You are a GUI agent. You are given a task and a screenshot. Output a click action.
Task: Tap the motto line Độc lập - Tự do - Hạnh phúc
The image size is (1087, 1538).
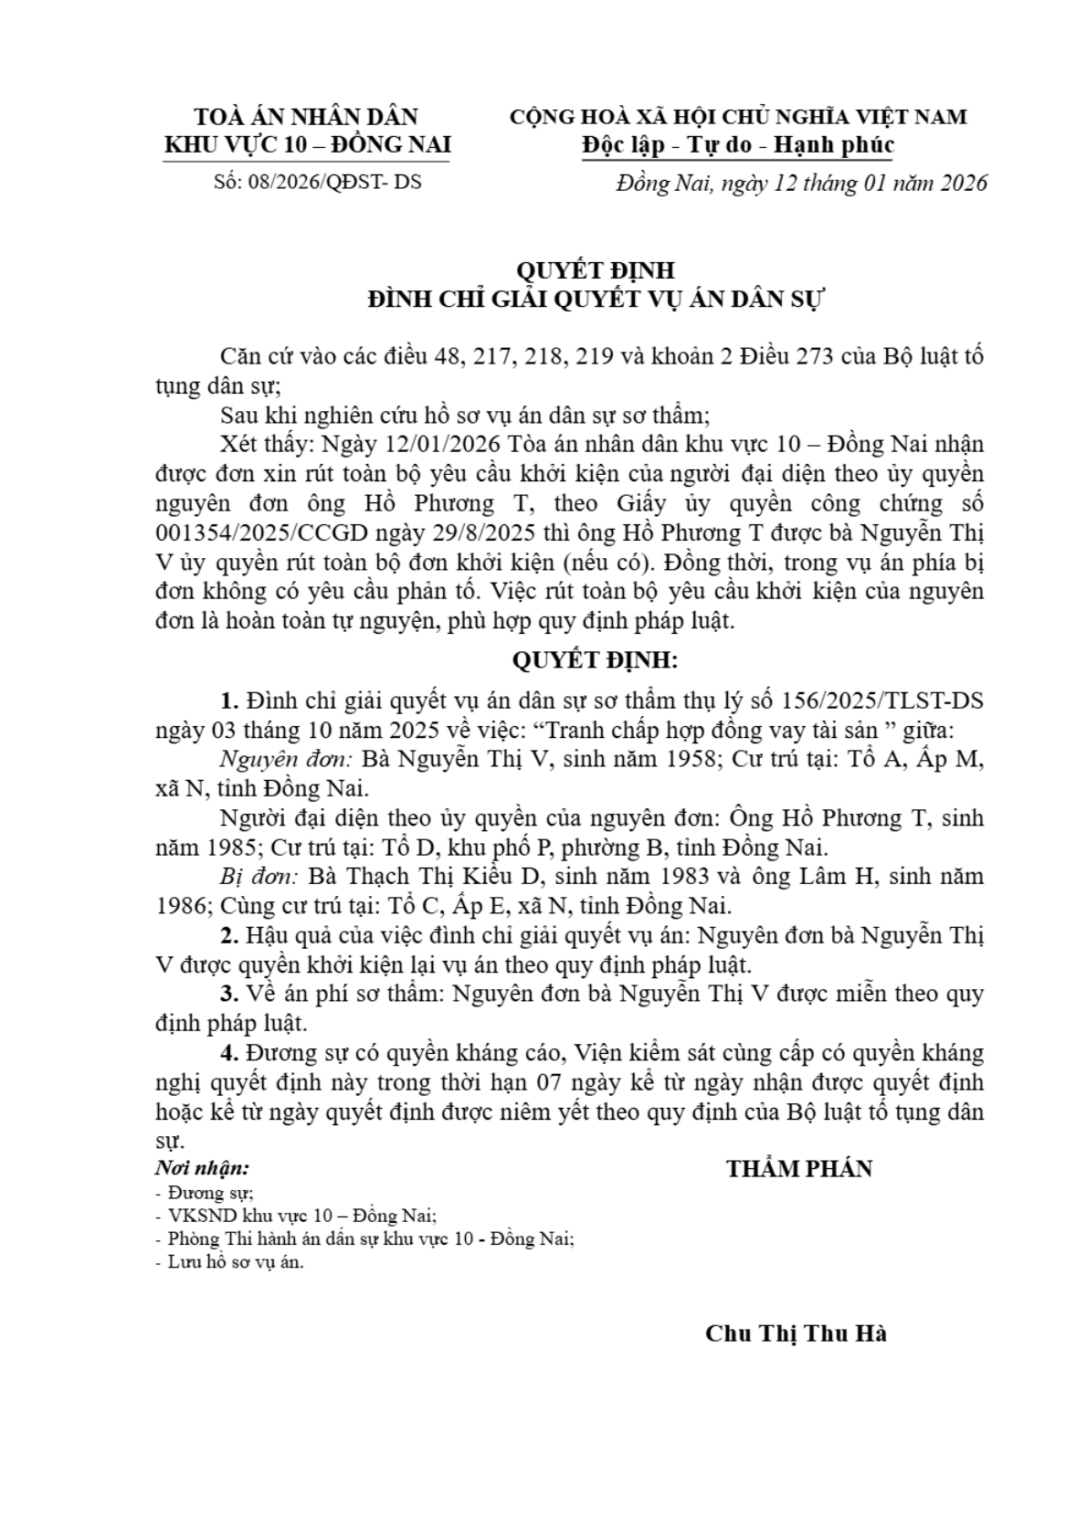click(737, 145)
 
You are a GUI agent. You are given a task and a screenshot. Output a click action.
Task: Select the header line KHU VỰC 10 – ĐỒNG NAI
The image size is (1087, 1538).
click(307, 145)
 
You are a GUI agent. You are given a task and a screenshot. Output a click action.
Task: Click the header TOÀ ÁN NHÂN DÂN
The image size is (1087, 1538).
click(307, 117)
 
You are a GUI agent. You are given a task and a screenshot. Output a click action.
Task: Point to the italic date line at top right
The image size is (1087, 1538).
click(801, 183)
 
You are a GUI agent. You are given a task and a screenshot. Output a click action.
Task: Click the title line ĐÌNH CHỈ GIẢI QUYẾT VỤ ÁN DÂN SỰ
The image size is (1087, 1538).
click(595, 300)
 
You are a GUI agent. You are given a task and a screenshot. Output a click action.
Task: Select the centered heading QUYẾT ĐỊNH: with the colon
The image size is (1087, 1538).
click(595, 660)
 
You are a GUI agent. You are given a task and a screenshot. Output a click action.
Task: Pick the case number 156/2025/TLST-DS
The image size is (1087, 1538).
click(883, 701)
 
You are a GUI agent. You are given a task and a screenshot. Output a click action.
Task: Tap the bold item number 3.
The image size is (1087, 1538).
click(229, 994)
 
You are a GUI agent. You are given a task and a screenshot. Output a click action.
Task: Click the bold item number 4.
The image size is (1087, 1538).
click(229, 1053)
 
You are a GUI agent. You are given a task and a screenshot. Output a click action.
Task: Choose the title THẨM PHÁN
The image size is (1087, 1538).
click(799, 1169)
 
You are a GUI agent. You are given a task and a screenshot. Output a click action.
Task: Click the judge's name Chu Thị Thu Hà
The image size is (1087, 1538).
click(796, 1333)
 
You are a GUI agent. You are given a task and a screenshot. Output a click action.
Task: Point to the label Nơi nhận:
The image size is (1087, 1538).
click(202, 1168)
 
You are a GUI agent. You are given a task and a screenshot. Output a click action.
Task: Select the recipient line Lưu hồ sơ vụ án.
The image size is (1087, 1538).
click(235, 1263)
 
